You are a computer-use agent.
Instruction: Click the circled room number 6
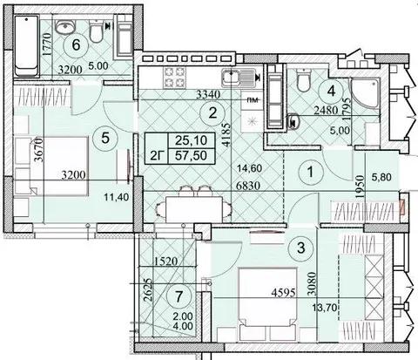pos(76,45)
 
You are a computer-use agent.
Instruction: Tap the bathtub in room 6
pos(26,46)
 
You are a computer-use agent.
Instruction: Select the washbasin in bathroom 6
pos(65,27)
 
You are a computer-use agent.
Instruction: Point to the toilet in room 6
pos(96,31)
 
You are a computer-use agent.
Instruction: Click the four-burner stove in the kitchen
pos(174,78)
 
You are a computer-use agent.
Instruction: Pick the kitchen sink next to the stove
pos(239,78)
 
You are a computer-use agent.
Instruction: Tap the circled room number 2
pos(212,112)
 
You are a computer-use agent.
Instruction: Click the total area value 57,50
pos(192,155)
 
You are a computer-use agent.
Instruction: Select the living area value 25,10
pos(192,140)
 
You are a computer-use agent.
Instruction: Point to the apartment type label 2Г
pos(158,156)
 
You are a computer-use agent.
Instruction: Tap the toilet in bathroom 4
pos(304,79)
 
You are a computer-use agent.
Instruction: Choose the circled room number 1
pos(310,172)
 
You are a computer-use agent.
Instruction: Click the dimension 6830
pos(247,185)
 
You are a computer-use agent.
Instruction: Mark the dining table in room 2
pos(194,209)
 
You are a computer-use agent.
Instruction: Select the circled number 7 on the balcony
pos(179,296)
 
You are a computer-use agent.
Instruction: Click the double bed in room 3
pos(267,304)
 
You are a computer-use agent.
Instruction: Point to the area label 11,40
pos(116,197)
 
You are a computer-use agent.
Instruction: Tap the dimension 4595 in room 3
pos(283,292)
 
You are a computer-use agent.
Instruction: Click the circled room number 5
pos(105,139)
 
